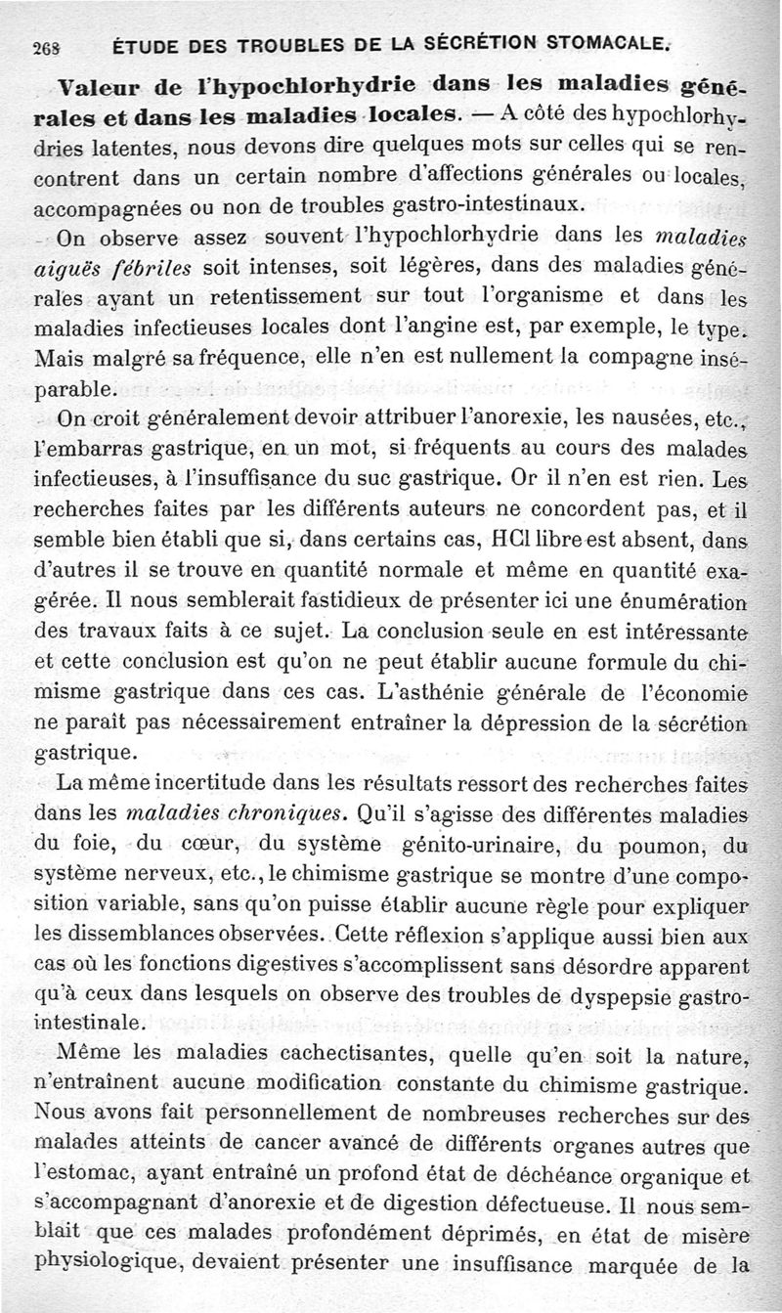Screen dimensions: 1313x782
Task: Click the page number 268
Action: [x=45, y=44]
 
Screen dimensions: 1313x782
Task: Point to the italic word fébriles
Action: [x=150, y=267]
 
